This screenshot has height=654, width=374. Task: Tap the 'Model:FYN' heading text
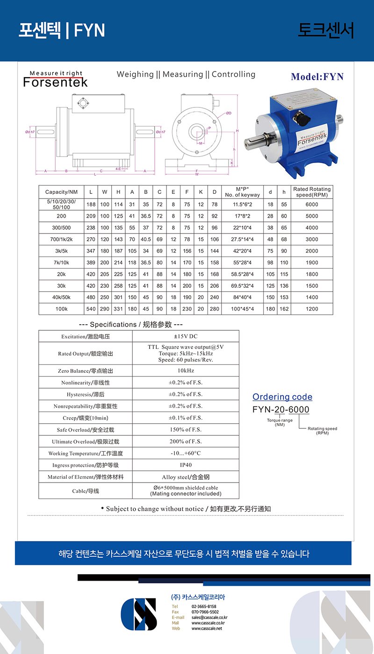[x=317, y=77]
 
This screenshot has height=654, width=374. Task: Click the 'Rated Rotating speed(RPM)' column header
[x=312, y=192]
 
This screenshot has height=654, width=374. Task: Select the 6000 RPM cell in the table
[x=312, y=204]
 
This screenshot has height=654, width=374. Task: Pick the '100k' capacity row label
[x=61, y=309]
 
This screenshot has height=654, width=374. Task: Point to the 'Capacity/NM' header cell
[x=61, y=192]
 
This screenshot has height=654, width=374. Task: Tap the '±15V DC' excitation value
[x=186, y=336]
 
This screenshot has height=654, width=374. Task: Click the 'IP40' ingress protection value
[x=186, y=465]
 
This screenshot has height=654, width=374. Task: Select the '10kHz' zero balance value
[x=186, y=370]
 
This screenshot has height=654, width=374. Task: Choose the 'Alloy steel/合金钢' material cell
[x=186, y=477]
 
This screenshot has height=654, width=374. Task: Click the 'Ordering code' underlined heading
[x=282, y=397]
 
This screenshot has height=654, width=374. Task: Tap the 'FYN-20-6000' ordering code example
[x=281, y=410]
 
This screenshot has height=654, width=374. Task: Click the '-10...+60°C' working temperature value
[x=186, y=453]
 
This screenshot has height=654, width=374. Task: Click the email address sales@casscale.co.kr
[x=209, y=617]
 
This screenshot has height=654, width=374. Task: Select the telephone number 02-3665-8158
[x=204, y=606]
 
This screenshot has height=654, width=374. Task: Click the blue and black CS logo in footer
[x=139, y=614]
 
